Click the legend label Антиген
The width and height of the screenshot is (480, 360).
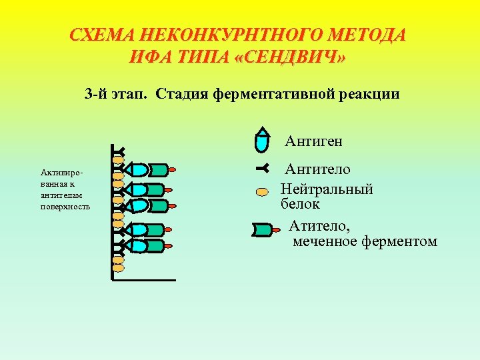[313, 141]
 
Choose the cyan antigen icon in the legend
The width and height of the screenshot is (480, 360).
[264, 140]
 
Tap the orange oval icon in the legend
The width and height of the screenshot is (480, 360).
[263, 192]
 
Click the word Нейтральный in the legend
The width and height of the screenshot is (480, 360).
[327, 189]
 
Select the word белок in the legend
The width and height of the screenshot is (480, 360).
[300, 204]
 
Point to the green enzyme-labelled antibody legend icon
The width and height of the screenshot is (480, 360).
[263, 231]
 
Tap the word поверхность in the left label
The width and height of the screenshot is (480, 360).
[65, 207]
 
